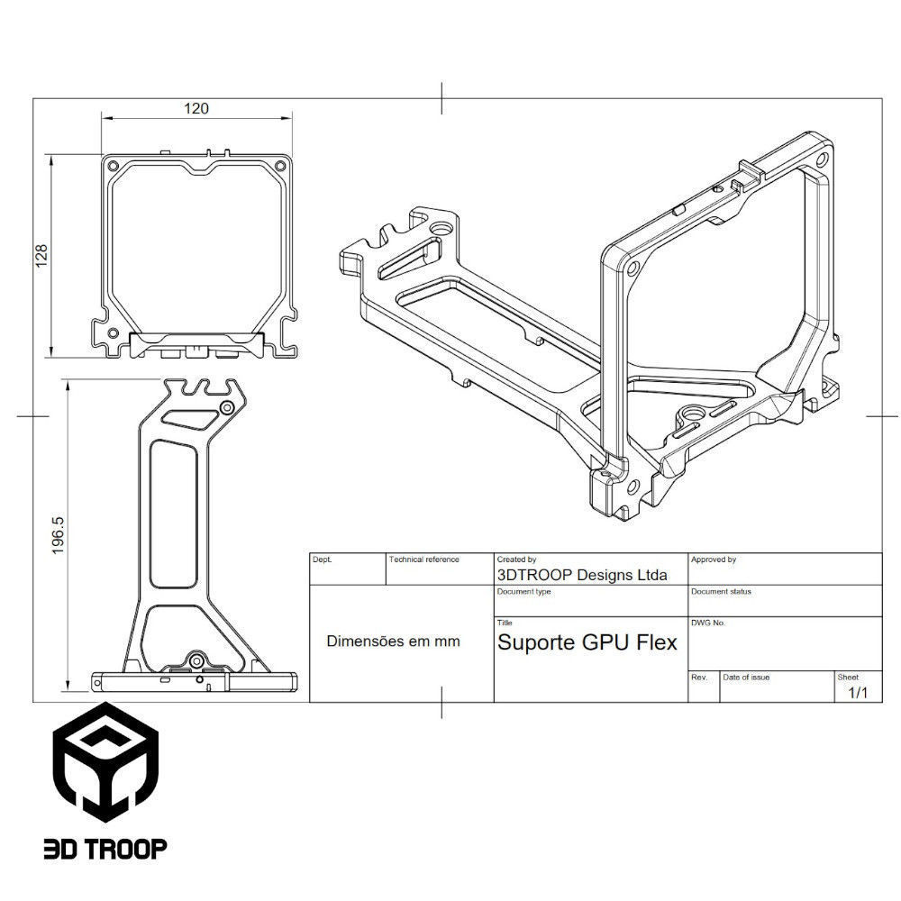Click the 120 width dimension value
(x=196, y=108)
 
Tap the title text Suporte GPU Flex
(x=587, y=642)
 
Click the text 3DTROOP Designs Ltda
(x=582, y=575)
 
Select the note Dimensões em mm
(x=393, y=642)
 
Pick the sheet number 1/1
(x=858, y=693)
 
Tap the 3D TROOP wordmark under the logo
(x=105, y=848)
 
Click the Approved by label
(x=714, y=560)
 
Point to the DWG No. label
(x=708, y=623)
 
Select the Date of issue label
(x=746, y=677)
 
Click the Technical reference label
(x=423, y=560)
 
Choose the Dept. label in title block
(x=322, y=560)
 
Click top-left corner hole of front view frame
(x=113, y=168)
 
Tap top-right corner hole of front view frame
(x=280, y=168)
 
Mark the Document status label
(x=721, y=592)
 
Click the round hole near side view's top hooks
(x=227, y=409)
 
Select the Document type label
(x=523, y=592)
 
